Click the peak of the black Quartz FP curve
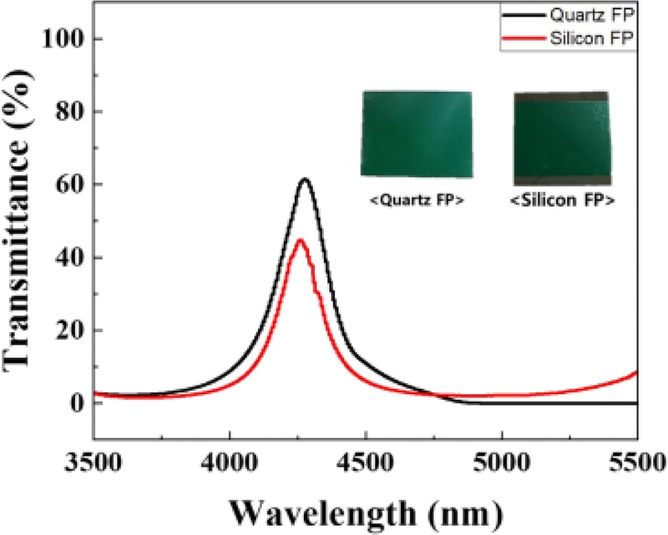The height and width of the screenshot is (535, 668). pos(305,179)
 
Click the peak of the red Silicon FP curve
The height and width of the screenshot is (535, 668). pos(301,240)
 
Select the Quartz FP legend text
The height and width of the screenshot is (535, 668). pos(592,15)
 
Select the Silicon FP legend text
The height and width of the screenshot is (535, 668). pos(592,38)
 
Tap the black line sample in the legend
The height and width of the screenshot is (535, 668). pos(524,15)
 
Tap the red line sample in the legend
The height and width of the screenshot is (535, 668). pos(524,38)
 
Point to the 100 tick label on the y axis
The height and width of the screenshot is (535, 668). pos(63,39)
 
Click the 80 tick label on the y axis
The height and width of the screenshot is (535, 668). pos(70,112)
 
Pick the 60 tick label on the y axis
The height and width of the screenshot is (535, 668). pos(70,184)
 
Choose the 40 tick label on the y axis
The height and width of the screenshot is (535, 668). pos(70,257)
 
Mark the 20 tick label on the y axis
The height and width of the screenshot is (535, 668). pos(70,331)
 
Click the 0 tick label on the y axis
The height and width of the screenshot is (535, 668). pos(78,403)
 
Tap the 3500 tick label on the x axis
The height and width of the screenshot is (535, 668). pos(93,462)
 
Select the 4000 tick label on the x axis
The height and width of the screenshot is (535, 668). pos(229,462)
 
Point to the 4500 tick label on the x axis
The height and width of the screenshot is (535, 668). pos(365,462)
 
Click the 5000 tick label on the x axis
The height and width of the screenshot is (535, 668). pos(502,462)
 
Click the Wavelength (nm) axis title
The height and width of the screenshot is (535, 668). pos(367,513)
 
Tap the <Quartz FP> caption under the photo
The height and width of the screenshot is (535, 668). pos(417,199)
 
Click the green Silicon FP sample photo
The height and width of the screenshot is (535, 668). pos(562,139)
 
